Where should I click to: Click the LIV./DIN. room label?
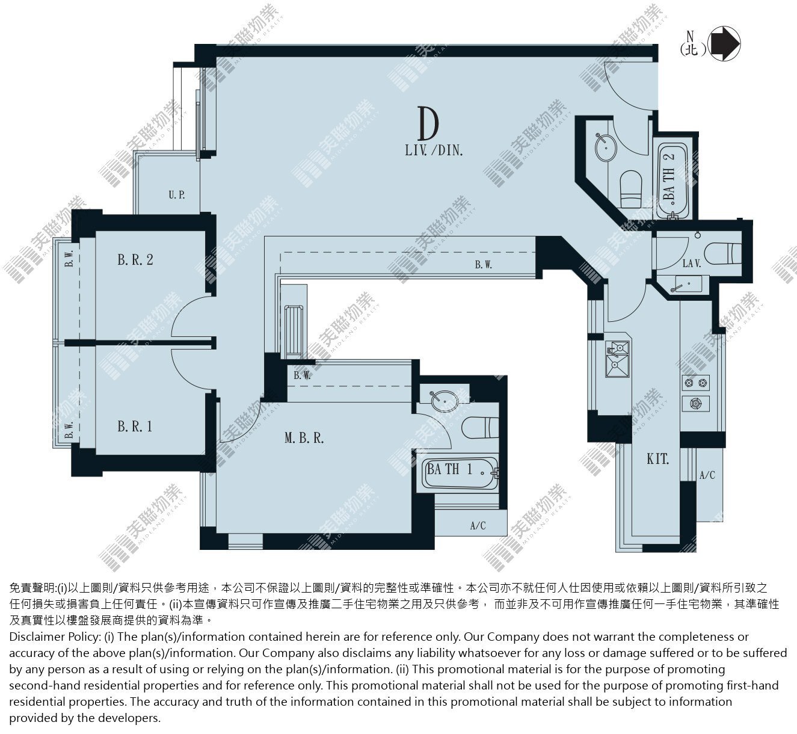(x=434, y=150)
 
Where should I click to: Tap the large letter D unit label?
(x=428, y=123)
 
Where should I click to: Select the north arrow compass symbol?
(x=725, y=43)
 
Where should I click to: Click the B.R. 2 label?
(x=135, y=260)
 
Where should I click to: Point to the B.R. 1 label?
(x=135, y=427)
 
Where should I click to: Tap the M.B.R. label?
(x=304, y=438)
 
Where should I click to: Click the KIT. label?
(x=658, y=459)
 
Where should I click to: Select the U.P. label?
(x=177, y=195)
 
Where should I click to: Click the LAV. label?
(x=691, y=263)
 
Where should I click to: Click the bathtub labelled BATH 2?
(x=672, y=181)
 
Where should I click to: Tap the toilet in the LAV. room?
(x=722, y=253)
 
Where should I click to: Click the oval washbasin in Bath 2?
(x=606, y=147)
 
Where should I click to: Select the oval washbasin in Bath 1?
(x=444, y=401)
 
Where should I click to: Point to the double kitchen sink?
(x=617, y=359)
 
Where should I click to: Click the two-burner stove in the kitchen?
(x=696, y=383)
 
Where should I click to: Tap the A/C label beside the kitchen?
(x=707, y=475)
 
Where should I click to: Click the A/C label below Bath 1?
(x=478, y=526)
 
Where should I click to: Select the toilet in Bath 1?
(x=480, y=428)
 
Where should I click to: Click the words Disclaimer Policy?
(x=54, y=637)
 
